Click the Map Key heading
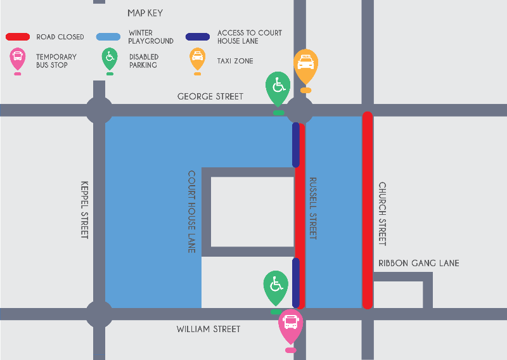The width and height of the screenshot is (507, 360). (145, 13)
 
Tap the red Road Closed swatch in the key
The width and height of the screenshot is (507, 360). (18, 37)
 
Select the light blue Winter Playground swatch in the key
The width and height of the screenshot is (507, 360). (108, 37)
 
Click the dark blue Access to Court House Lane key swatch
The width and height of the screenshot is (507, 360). (198, 37)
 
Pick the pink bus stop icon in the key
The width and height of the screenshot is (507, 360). (17, 60)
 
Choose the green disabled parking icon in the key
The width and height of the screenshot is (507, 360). (110, 60)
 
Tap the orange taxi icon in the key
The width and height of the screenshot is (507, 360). (198, 60)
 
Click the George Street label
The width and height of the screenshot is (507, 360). (210, 96)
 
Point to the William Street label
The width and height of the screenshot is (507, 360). (209, 329)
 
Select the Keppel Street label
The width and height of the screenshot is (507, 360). (85, 210)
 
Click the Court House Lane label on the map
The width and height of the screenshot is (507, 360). (191, 211)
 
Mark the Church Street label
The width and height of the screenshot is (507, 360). (382, 214)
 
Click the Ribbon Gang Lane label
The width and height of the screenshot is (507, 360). (418, 263)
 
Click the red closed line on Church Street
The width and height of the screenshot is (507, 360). (367, 210)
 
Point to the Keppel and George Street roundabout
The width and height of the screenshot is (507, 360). (99, 110)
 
